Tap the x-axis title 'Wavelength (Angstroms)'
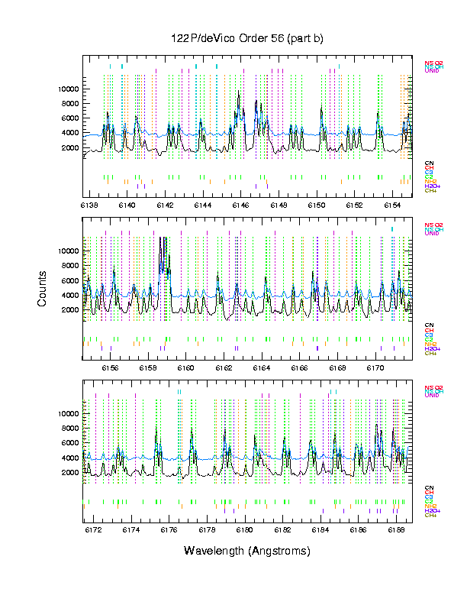(x=246, y=551)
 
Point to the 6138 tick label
(x=89, y=205)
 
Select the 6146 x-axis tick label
(x=240, y=205)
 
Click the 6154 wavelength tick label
(x=393, y=205)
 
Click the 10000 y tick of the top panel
(x=69, y=89)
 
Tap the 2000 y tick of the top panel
(x=72, y=147)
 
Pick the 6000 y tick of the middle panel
(x=72, y=280)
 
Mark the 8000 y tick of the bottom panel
(x=72, y=428)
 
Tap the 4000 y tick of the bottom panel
(x=72, y=458)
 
